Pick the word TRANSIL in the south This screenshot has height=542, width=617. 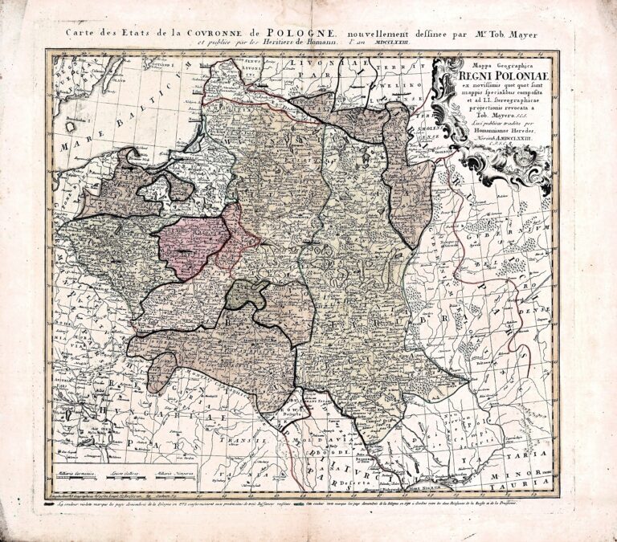[x=249, y=441]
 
